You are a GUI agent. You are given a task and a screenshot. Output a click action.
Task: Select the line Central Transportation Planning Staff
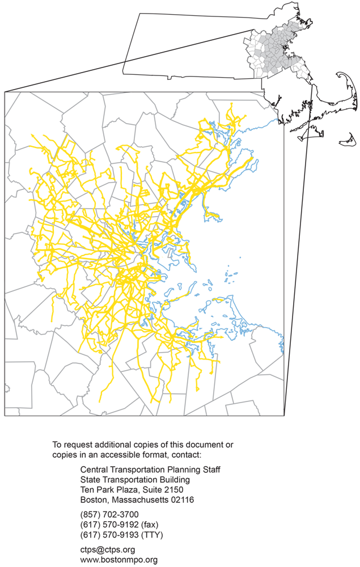[150, 469]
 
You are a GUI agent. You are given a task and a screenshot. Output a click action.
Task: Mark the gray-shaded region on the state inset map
[283, 45]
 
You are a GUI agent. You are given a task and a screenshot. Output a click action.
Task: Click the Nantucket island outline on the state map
[348, 138]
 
